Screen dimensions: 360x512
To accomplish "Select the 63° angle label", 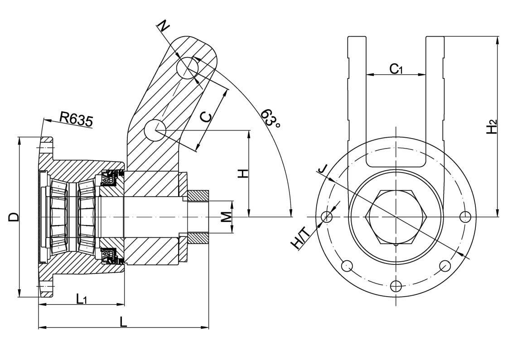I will (x=270, y=118).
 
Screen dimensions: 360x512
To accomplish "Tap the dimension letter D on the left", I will (x=14, y=216).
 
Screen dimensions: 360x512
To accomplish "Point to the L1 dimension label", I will (x=82, y=298).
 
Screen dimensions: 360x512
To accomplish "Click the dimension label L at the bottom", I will (x=123, y=321).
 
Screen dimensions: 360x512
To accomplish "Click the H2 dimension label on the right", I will (x=492, y=127).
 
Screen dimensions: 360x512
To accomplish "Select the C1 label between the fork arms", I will (x=396, y=69).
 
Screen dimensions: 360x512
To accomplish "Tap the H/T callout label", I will (x=300, y=240).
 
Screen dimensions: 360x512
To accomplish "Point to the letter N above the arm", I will (x=164, y=27).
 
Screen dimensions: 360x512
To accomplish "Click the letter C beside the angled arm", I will (x=206, y=117).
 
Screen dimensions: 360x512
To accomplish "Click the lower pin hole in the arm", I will (x=155, y=130).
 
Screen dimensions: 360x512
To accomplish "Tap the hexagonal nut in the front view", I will (x=396, y=217).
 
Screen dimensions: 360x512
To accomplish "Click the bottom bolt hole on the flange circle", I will (x=396, y=286).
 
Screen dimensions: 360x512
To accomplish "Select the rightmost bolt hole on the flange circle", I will (x=464, y=217).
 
